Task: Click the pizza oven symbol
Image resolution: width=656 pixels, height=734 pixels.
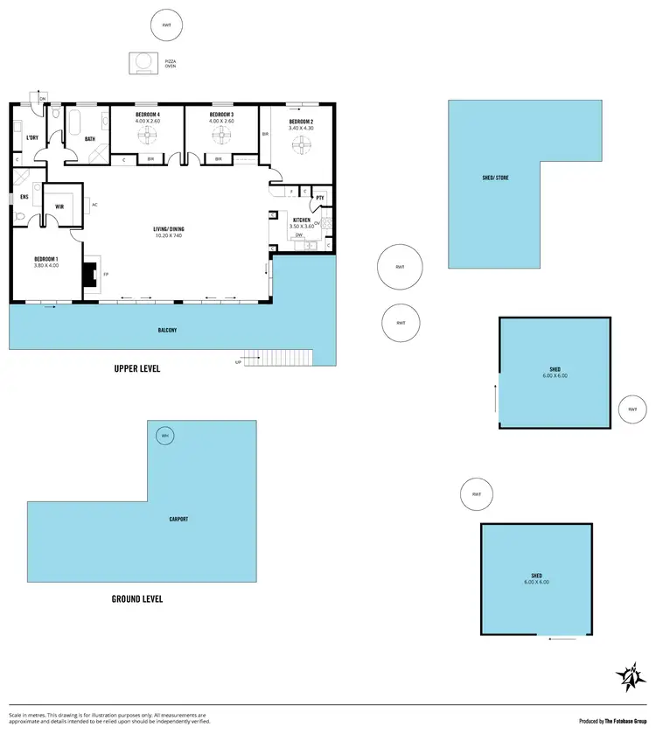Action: tap(141, 62)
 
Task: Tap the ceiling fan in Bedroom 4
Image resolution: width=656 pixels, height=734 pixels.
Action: tap(147, 136)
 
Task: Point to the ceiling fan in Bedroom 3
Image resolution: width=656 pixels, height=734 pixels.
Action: tap(221, 136)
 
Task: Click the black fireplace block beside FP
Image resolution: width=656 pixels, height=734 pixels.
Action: tap(88, 274)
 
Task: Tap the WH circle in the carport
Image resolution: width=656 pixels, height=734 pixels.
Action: tap(164, 436)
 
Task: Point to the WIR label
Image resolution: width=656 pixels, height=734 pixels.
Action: tap(59, 206)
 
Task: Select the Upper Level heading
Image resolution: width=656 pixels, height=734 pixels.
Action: tap(137, 368)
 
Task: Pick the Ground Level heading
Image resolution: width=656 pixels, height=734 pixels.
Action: tap(137, 599)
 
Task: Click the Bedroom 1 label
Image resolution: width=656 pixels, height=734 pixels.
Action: tap(46, 259)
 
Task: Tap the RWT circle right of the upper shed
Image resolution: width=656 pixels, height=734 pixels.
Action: tap(632, 409)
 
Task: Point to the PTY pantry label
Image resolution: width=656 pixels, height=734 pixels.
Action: tap(319, 199)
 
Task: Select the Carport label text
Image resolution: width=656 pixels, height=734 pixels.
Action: tap(178, 519)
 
